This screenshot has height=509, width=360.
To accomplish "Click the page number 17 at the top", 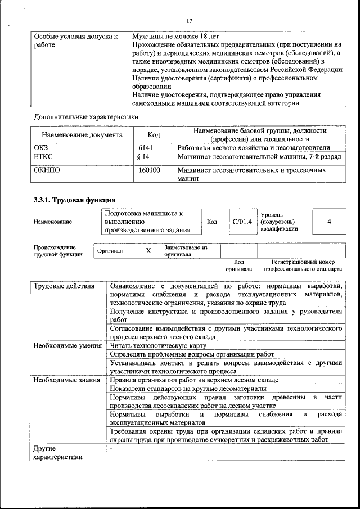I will point(188,21).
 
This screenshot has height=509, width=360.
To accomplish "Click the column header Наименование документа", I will point(82,135).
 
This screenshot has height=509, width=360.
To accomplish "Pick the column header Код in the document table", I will point(153,135).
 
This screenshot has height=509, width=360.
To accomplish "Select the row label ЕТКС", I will point(43,157).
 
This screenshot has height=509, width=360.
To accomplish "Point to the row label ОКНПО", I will point(47,169).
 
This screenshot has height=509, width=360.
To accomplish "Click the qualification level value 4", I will point(328,222).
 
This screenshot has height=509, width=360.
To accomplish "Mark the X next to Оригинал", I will point(148,251).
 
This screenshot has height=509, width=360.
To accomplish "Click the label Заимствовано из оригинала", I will point(186,251).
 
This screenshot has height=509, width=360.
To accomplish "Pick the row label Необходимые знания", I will point(66,380).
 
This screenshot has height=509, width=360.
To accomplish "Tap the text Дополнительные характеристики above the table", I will point(86,117).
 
